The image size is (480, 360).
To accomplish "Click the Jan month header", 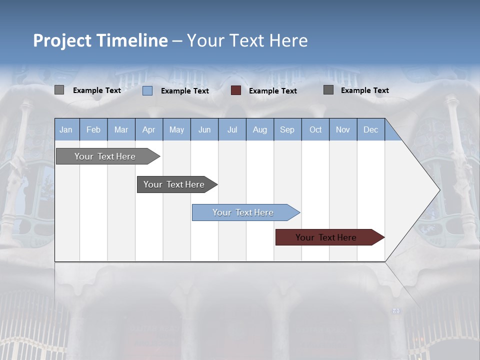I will [x=66, y=130].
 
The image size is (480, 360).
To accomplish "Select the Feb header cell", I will [x=93, y=130].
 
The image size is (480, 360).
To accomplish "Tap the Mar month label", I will [x=121, y=130].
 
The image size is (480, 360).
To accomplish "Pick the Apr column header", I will [x=149, y=130].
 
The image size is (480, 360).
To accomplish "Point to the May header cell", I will [x=176, y=130].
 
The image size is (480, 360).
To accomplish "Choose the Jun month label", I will [x=204, y=130].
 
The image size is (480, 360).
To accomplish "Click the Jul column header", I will [x=232, y=130].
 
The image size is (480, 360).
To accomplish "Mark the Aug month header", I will [x=260, y=130].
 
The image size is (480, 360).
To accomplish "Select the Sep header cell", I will [x=287, y=130].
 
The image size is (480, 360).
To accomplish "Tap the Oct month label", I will [x=315, y=130].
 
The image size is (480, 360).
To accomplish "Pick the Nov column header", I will [x=343, y=130].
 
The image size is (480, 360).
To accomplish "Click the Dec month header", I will [x=371, y=130].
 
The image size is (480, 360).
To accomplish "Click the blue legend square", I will [x=147, y=90].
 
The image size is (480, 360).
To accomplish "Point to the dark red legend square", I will [x=236, y=90].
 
